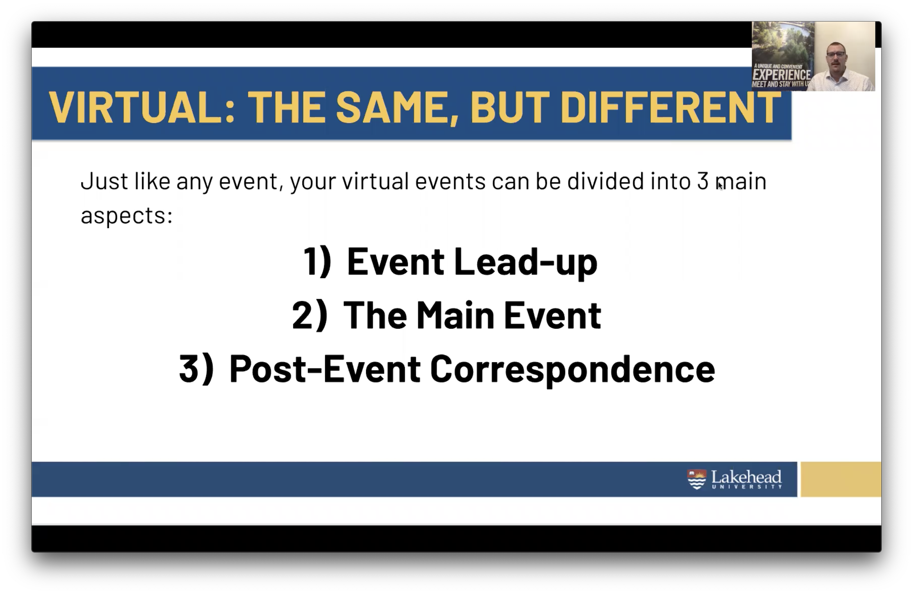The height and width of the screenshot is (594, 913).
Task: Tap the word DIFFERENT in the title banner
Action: point(671,108)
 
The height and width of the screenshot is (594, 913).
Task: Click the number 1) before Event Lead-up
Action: point(317,261)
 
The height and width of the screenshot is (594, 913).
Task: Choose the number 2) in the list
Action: point(310,315)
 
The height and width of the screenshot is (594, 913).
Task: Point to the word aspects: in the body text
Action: point(127,216)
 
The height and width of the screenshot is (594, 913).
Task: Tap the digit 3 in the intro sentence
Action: point(703,181)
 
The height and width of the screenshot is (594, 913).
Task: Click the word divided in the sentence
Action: point(605,181)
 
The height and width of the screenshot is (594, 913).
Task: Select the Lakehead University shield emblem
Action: point(697,479)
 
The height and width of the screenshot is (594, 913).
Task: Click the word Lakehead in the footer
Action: point(746,477)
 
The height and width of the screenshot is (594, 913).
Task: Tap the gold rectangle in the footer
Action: point(841,479)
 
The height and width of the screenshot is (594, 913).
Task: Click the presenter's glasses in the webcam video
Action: point(836,54)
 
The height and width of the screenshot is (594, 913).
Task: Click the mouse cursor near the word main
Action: point(720,186)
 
